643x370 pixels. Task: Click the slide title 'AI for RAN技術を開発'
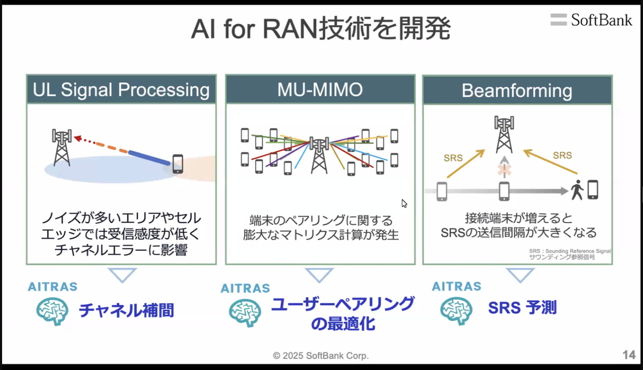(320, 29)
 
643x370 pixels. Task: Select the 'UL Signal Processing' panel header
(121, 90)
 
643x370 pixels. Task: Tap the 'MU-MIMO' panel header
(320, 90)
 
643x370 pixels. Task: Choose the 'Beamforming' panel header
(517, 90)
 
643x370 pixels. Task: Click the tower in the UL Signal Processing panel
(62, 147)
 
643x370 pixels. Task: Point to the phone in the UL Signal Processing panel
(177, 164)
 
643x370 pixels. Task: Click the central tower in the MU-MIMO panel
(320, 155)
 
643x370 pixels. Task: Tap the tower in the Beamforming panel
(503, 135)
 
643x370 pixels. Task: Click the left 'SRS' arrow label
(453, 158)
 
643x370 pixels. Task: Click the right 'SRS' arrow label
(562, 156)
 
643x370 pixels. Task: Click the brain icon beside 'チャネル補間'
(52, 310)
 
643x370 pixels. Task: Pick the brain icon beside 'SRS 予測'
(457, 310)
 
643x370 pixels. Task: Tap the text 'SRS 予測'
(522, 308)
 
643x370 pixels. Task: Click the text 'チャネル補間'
(126, 310)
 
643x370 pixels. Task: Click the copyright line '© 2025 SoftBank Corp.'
(321, 356)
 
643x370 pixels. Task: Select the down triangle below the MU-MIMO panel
(320, 275)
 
